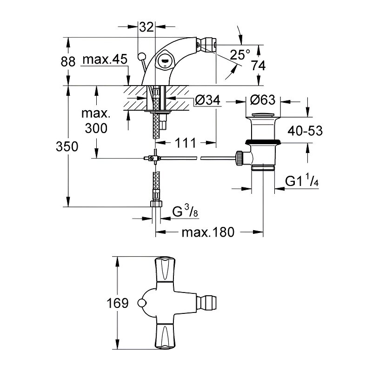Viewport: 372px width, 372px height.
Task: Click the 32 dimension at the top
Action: (146, 27)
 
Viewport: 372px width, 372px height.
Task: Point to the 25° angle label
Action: (241, 55)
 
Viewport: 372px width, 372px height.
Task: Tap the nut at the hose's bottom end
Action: (156, 204)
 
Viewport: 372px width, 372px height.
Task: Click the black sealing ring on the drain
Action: (263, 142)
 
